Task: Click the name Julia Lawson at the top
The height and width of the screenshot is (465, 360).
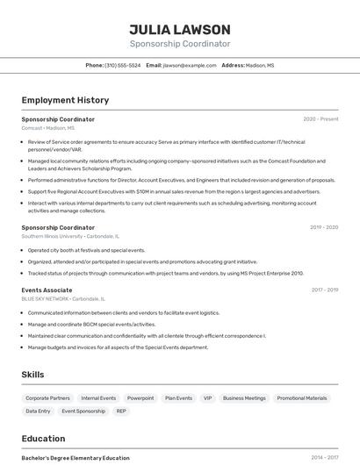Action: point(180,30)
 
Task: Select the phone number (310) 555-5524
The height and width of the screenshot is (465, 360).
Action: point(122,65)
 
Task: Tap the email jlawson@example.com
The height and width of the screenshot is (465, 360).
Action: point(190,65)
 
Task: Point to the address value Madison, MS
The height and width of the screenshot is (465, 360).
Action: point(260,65)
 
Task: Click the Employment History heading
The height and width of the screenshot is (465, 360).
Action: point(65,100)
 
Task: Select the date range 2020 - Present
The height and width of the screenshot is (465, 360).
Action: point(320,119)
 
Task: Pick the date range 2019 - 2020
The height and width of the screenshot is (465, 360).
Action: point(324,227)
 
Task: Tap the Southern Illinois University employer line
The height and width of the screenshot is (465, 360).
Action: point(70,236)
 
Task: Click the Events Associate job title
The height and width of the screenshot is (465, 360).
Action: point(47,290)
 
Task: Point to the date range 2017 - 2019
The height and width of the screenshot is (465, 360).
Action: point(324,290)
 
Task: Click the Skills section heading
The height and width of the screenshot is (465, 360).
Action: point(32,375)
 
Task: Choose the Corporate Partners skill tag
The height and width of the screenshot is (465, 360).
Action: point(48,398)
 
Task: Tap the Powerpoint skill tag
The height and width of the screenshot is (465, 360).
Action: point(140,398)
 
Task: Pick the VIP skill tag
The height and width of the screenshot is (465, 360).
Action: point(208,398)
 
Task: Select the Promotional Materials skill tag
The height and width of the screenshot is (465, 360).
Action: point(302,398)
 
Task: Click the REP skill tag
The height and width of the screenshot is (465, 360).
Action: point(121,411)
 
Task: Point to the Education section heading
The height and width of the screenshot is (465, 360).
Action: point(43,438)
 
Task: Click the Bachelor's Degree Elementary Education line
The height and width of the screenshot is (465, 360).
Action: point(76,458)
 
